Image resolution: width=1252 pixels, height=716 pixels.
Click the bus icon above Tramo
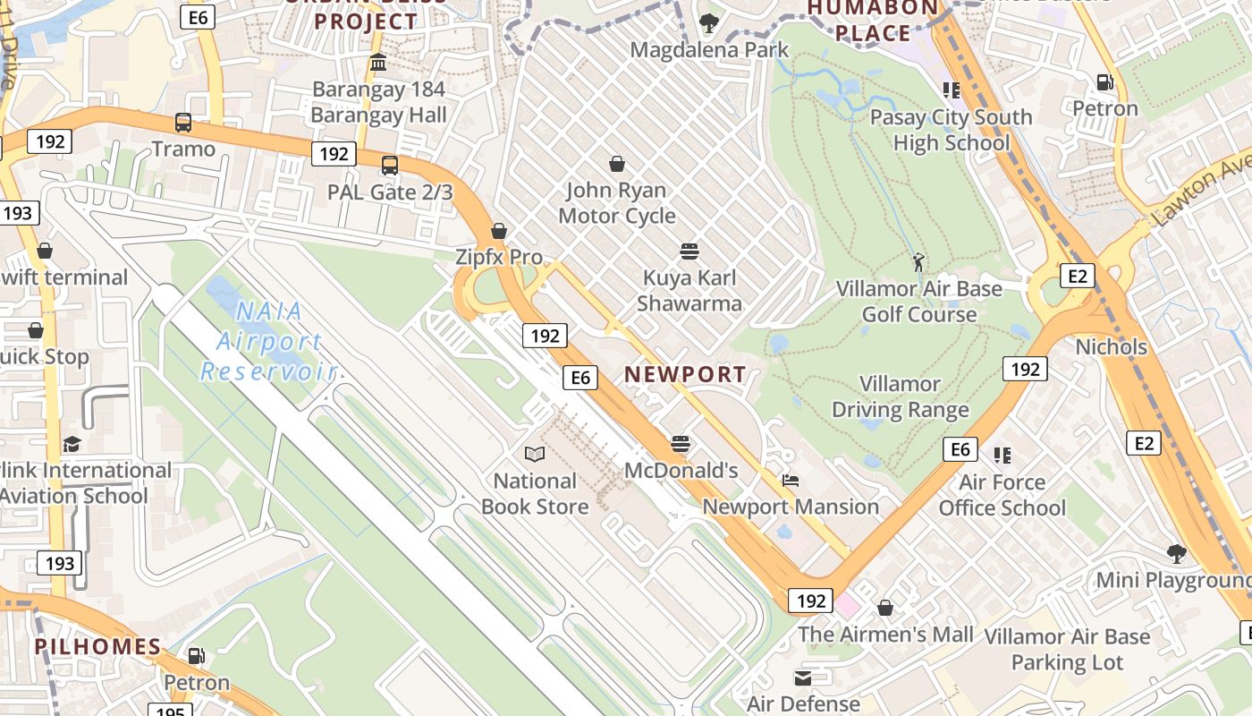point(183,123)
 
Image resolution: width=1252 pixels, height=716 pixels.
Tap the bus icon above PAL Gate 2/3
point(390,166)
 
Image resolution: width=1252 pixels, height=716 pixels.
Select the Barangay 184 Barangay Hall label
point(378,102)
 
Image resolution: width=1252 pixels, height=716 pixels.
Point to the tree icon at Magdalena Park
point(708,23)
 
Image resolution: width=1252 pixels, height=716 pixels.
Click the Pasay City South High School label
point(951,130)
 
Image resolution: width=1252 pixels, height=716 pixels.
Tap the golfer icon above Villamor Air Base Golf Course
point(918,262)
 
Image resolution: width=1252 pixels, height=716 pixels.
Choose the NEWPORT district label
point(685,374)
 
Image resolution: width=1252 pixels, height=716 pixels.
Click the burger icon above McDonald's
point(681,444)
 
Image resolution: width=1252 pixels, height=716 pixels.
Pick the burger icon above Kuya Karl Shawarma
point(689,251)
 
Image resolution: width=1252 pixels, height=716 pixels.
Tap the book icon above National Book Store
point(535,455)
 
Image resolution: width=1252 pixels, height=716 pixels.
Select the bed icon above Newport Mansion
point(790,481)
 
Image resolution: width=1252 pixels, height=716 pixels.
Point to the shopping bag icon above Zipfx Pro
point(499,231)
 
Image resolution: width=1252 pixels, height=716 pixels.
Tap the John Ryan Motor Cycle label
point(617,202)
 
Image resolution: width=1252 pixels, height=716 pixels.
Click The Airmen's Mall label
point(885,635)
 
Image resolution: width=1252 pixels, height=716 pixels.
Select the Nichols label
point(1111,346)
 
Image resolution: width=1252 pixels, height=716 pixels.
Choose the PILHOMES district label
point(97,646)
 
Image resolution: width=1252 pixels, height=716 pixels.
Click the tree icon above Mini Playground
point(1177,554)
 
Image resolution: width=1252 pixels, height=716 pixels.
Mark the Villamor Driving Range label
point(901,396)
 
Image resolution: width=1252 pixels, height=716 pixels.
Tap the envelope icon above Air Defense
point(803,678)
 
